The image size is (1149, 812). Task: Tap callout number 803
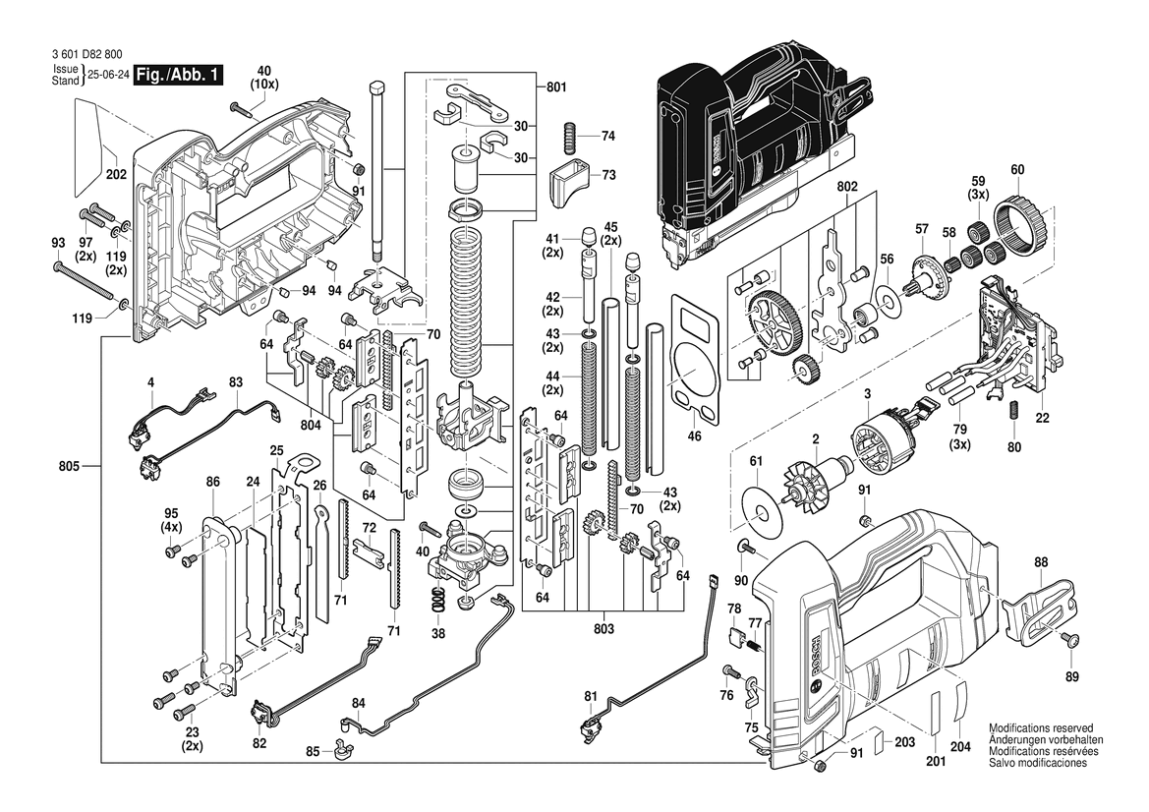pos(604,628)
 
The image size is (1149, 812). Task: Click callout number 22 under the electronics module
pos(1042,418)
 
